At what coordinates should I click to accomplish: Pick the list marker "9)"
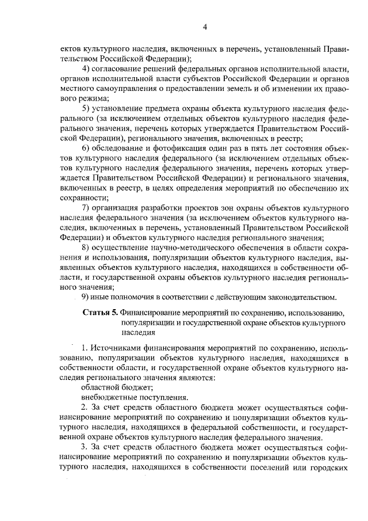click(86, 297)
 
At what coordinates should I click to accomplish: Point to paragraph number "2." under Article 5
click(85, 407)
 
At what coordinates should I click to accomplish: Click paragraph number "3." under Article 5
click(85, 446)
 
